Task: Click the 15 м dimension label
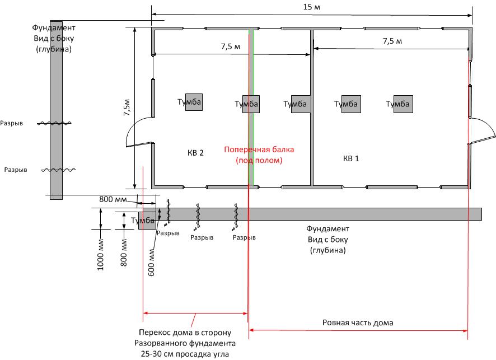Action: (x=312, y=7)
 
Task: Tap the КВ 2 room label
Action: (x=195, y=153)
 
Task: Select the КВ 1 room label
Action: (x=351, y=158)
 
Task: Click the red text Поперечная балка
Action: (x=259, y=149)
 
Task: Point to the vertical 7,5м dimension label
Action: (x=127, y=107)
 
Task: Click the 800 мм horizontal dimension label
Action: (x=113, y=199)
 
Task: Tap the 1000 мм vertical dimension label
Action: (x=100, y=255)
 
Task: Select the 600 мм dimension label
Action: (x=151, y=263)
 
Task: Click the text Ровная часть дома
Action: (x=358, y=322)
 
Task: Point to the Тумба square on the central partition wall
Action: (x=301, y=104)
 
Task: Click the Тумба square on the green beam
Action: (x=251, y=104)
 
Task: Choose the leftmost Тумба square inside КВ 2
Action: (x=194, y=102)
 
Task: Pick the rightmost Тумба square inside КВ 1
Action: (x=403, y=104)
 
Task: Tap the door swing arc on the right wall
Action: (x=487, y=123)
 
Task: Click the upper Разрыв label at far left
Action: (x=11, y=123)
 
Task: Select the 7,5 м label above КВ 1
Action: (x=392, y=41)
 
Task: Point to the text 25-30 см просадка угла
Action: (x=185, y=354)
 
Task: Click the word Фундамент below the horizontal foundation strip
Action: (x=327, y=228)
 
